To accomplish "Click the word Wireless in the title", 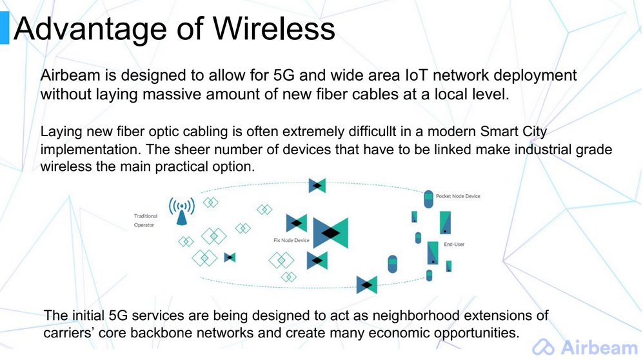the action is click(274, 28).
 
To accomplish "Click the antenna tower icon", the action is click(182, 211).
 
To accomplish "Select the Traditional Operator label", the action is click(146, 220).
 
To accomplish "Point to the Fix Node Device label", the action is click(291, 240).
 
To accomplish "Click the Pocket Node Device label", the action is click(458, 196).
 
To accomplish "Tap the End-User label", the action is click(454, 244).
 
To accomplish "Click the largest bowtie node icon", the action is click(330, 233).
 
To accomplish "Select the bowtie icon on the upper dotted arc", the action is click(317, 186).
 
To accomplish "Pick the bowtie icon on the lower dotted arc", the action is click(366, 285).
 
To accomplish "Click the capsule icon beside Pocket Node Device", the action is click(428, 199).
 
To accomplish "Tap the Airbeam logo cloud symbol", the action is click(543, 347).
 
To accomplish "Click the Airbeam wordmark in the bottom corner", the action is click(599, 347).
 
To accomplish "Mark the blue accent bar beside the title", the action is click(5, 28).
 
